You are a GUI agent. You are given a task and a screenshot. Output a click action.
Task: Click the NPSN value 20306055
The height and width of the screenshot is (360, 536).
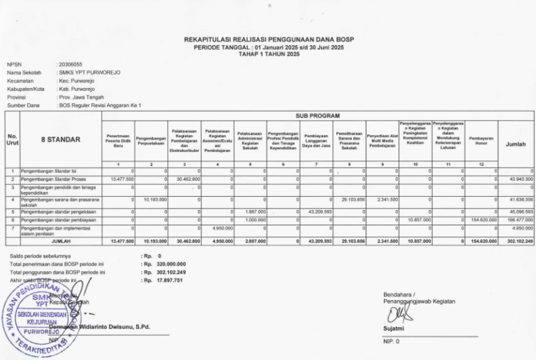(x=71, y=63)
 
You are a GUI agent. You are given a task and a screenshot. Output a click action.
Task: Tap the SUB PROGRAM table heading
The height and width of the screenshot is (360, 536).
(x=321, y=115)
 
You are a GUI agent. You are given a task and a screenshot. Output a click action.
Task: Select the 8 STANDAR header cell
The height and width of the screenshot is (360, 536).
(x=60, y=140)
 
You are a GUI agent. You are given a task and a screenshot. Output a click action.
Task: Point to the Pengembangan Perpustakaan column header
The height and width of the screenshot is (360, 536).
(x=151, y=140)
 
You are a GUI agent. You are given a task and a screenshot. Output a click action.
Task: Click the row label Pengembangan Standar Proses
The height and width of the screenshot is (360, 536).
(x=52, y=179)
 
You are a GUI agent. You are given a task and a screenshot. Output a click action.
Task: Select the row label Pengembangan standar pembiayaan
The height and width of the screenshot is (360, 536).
(x=54, y=219)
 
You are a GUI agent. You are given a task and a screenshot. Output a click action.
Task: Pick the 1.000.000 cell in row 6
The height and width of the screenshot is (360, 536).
(x=253, y=219)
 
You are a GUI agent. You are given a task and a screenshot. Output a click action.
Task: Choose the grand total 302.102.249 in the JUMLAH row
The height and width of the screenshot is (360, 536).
(x=519, y=241)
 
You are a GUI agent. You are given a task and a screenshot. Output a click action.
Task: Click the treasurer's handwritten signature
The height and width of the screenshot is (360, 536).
(x=398, y=312)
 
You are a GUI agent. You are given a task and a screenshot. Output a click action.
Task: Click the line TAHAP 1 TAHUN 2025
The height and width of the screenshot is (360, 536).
(x=268, y=54)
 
